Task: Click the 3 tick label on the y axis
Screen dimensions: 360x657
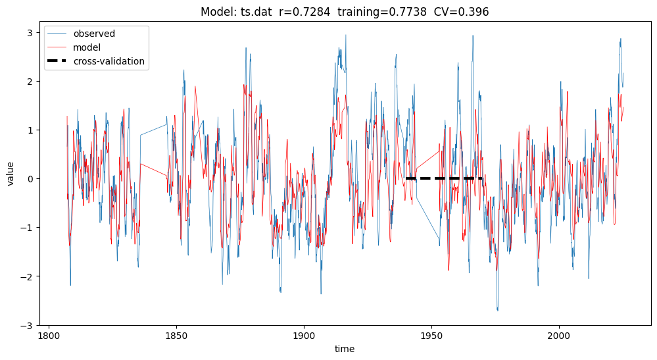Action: [x=30, y=32]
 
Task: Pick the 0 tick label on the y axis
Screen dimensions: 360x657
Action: [x=30, y=178]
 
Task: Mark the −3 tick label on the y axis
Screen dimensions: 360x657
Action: [x=27, y=325]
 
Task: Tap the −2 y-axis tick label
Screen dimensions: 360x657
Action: [x=27, y=276]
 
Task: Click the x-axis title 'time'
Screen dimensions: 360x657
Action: [x=345, y=349]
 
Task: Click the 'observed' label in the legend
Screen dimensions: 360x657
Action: [x=94, y=34]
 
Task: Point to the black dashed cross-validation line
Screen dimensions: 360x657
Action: [x=445, y=178]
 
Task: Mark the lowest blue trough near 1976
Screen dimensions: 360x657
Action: [x=497, y=310]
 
